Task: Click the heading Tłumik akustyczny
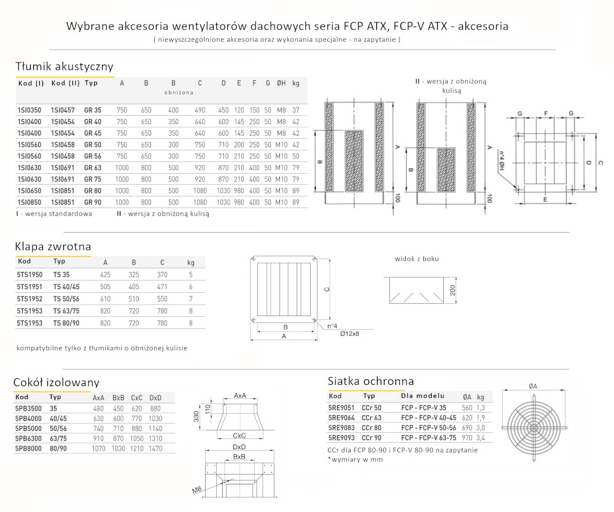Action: coord(64,67)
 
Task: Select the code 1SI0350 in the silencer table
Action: coord(30,110)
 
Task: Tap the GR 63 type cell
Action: coord(93,168)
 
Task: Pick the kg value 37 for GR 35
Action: coord(296,110)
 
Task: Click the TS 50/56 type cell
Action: coord(66,299)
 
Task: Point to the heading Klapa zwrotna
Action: coord(53,247)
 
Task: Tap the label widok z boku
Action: coord(416,259)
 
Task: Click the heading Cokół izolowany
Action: coord(56,383)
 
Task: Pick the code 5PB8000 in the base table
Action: coord(28,448)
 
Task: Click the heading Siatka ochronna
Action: coord(371,381)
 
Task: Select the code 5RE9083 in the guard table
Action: coord(341,427)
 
